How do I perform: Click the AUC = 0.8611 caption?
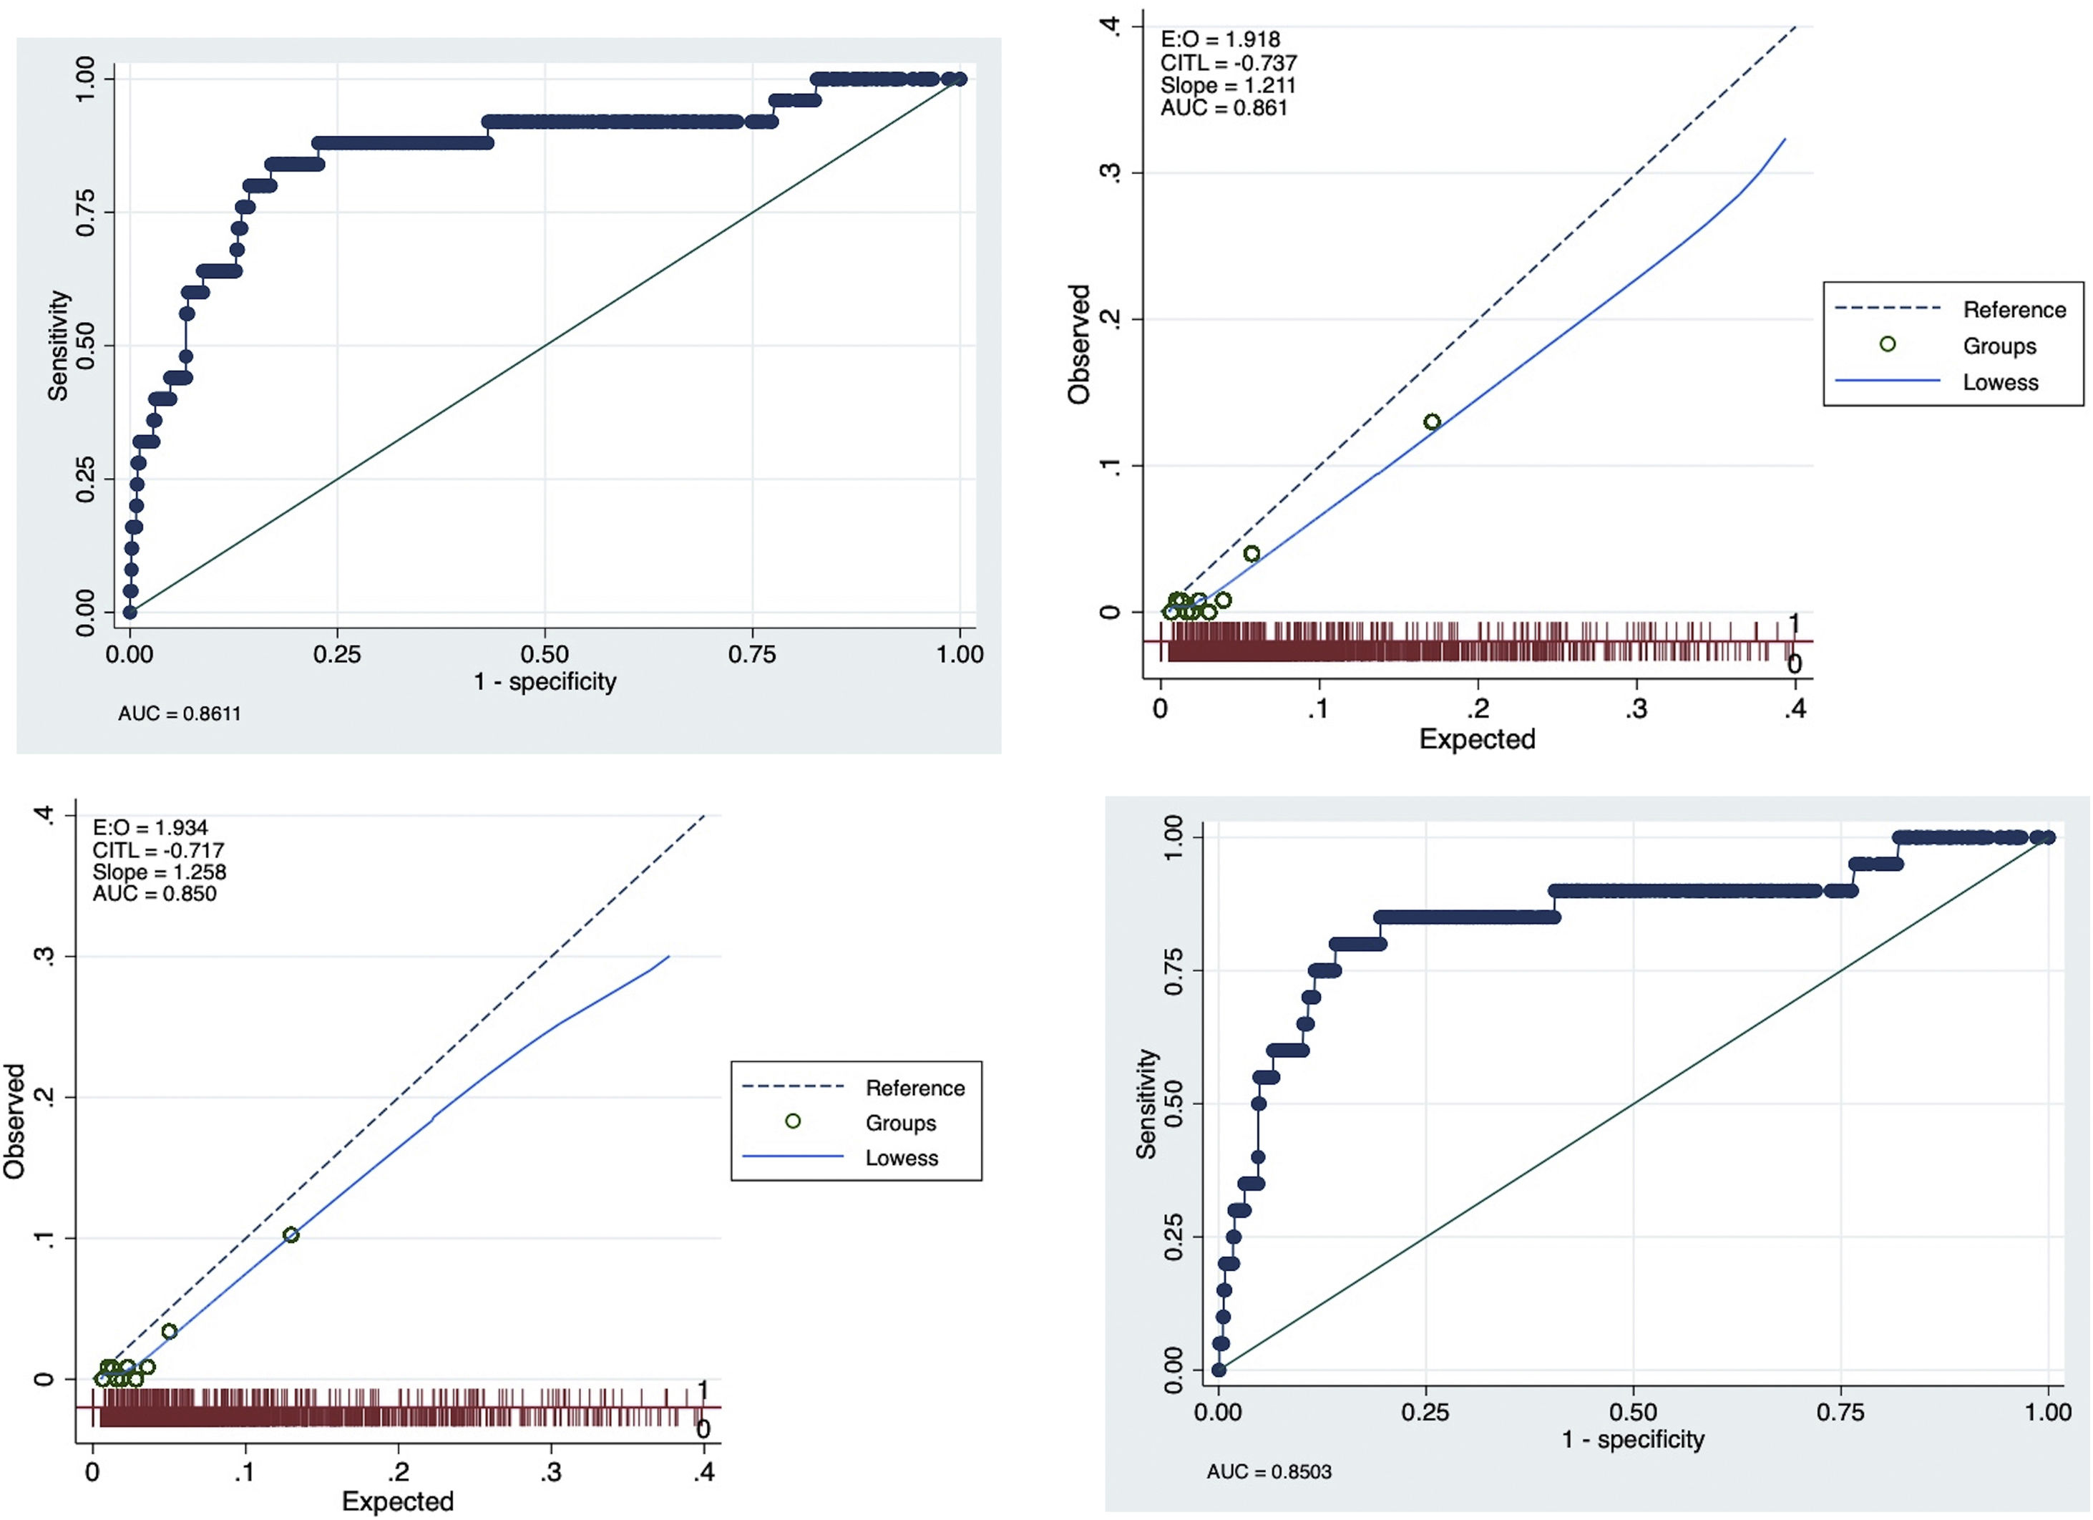click(179, 713)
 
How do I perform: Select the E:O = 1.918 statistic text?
click(1220, 39)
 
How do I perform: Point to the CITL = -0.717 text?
click(158, 850)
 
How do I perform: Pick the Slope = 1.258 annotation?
click(159, 872)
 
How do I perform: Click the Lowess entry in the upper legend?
click(2000, 382)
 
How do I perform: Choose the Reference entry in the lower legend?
click(914, 1088)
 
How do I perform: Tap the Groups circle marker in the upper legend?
click(1888, 344)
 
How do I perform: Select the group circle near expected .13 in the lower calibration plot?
click(291, 1235)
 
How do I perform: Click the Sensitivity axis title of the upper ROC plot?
click(58, 346)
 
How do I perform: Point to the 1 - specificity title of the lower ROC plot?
click(1632, 1439)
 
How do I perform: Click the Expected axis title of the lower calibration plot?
click(398, 1501)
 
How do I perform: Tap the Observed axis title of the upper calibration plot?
click(1079, 344)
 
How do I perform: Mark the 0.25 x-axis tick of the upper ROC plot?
click(337, 654)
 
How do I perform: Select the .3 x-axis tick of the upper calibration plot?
click(1636, 708)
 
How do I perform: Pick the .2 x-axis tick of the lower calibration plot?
click(398, 1472)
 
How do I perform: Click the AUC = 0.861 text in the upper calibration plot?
click(1224, 108)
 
